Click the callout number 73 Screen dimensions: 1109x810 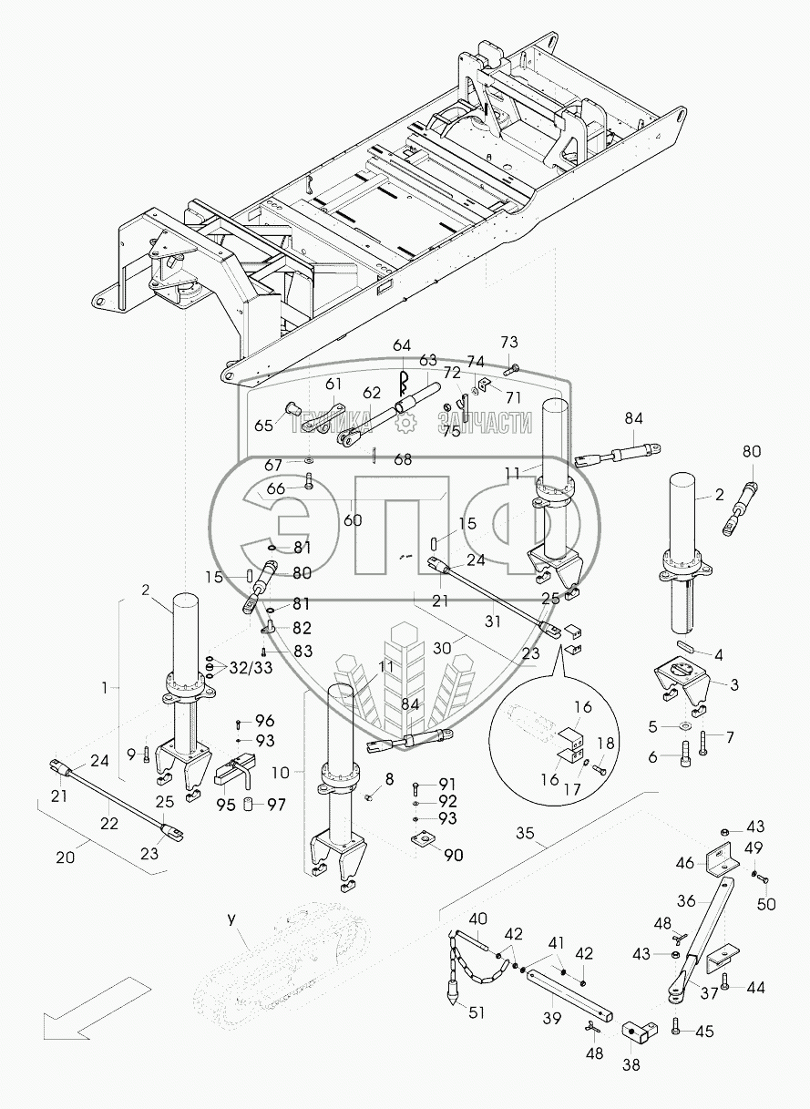508,342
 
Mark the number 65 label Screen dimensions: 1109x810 263,426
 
